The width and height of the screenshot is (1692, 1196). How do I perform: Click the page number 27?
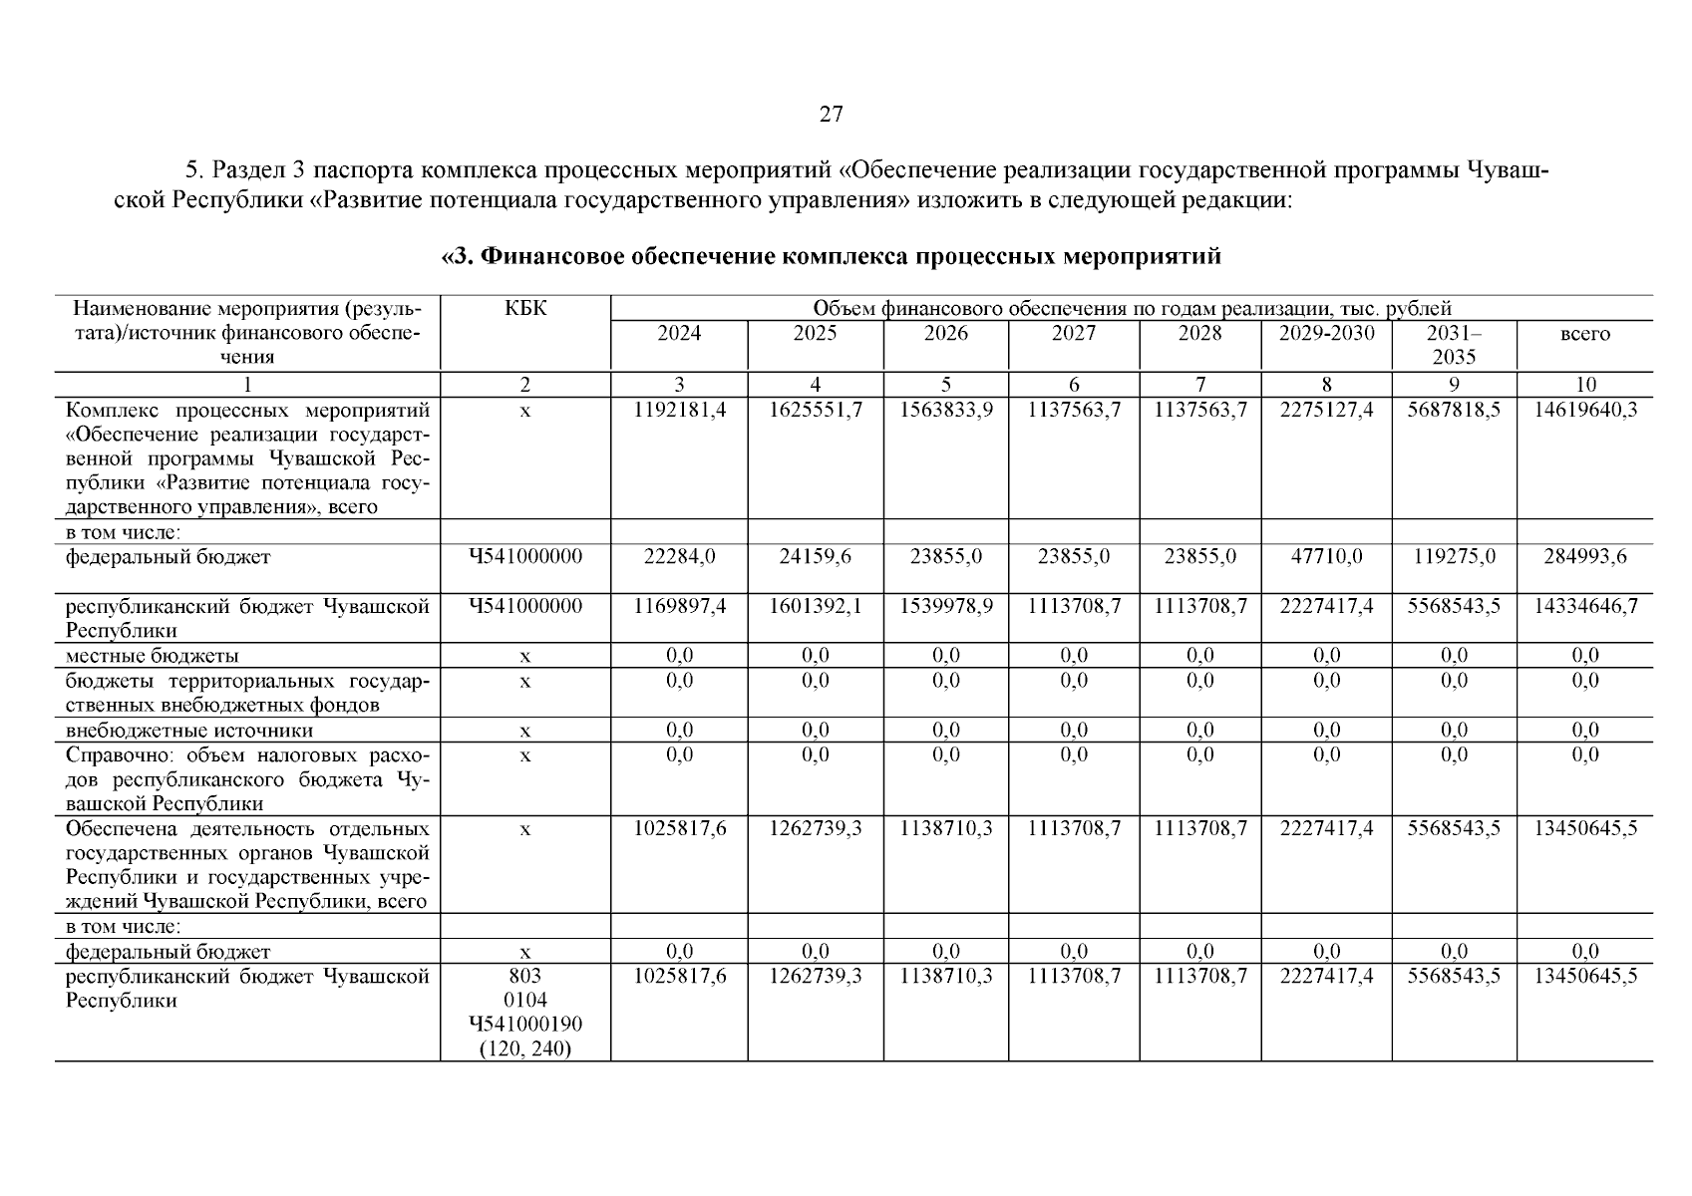831,115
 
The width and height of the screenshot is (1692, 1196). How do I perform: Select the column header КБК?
525,309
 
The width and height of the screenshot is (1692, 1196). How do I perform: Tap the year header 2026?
945,334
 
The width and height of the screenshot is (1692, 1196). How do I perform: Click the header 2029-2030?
1326,334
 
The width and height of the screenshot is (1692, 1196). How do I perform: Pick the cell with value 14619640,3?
1584,411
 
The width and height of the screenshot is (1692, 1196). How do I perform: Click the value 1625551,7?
815,411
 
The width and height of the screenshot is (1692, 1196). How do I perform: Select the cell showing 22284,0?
679,557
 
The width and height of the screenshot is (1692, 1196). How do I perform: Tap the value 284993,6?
1584,557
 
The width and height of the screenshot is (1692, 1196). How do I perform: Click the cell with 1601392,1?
815,607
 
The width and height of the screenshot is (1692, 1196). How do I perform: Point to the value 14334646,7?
1584,607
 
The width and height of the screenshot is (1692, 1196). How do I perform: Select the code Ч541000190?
525,1025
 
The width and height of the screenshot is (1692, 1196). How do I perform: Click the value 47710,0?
1326,557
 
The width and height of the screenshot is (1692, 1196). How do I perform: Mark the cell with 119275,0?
1454,557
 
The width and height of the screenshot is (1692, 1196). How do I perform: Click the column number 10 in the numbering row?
1584,385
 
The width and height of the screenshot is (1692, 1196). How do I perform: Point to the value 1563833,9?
945,411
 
